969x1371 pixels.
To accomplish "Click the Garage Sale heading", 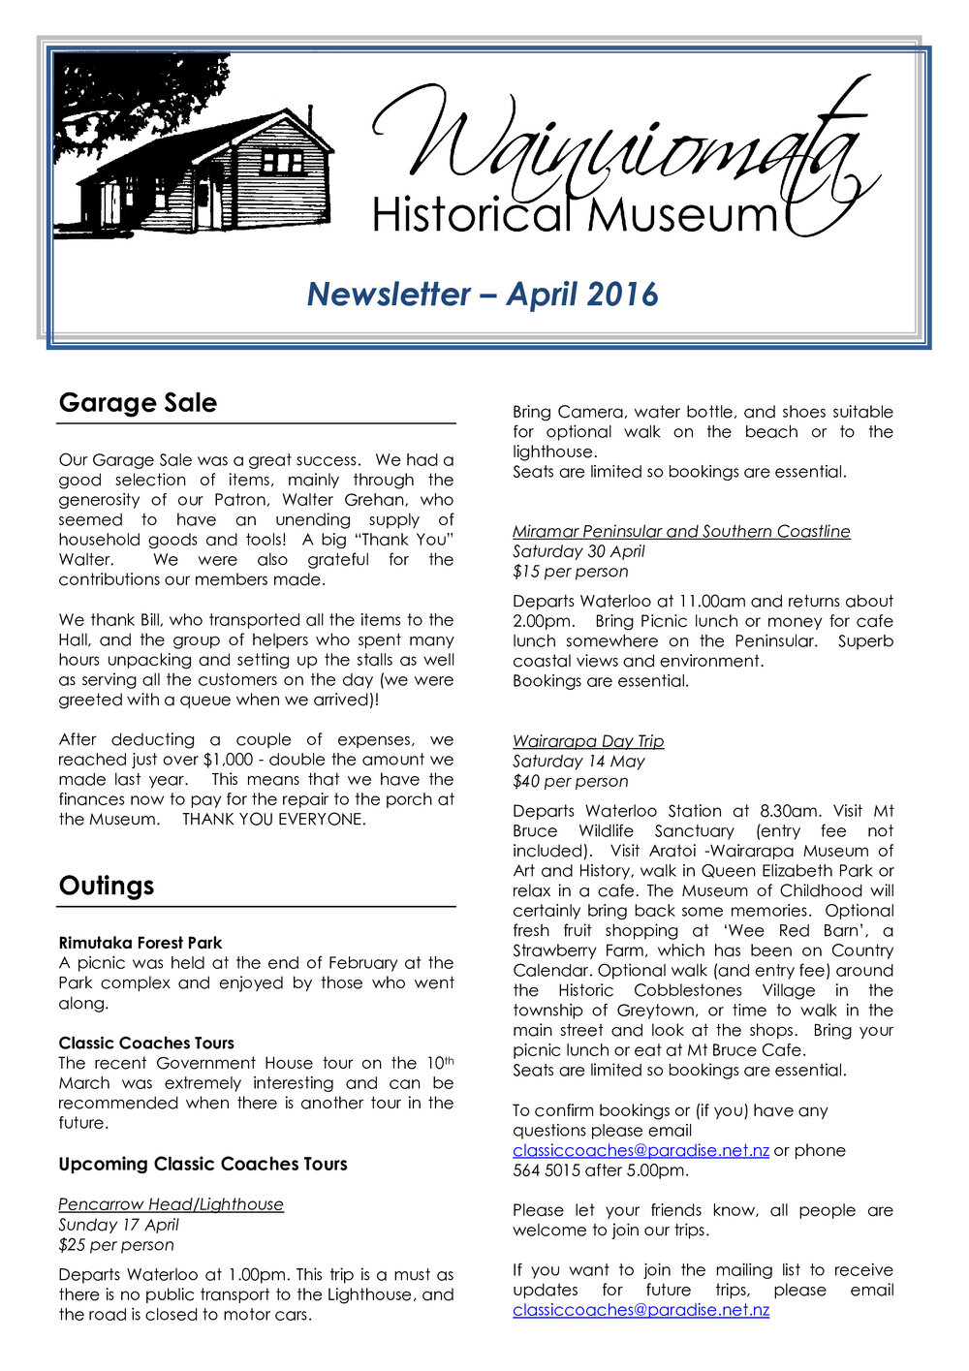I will click(x=138, y=403).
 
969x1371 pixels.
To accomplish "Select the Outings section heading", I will click(x=107, y=886).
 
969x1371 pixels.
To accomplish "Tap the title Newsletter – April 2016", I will click(x=483, y=294).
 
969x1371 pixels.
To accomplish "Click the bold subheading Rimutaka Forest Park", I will click(x=140, y=943).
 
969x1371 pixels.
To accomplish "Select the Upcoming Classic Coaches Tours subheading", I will click(x=203, y=1164).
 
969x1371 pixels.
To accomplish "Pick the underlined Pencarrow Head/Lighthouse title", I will click(x=171, y=1204).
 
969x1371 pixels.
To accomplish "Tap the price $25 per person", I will click(x=116, y=1245).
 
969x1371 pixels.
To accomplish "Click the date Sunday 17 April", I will click(x=118, y=1225).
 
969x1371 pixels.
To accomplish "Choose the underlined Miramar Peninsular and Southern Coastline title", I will click(x=681, y=531).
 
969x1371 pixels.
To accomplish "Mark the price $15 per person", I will click(x=570, y=572).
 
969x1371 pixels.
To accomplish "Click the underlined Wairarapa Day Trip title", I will click(x=588, y=741).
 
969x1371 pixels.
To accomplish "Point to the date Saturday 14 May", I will click(x=578, y=762).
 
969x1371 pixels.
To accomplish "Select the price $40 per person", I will click(x=570, y=781).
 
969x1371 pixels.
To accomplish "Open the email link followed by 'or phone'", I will click(x=641, y=1150).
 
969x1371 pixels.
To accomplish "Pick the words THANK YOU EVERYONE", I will click(x=274, y=820).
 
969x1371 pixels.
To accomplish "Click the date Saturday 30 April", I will click(x=578, y=551).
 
